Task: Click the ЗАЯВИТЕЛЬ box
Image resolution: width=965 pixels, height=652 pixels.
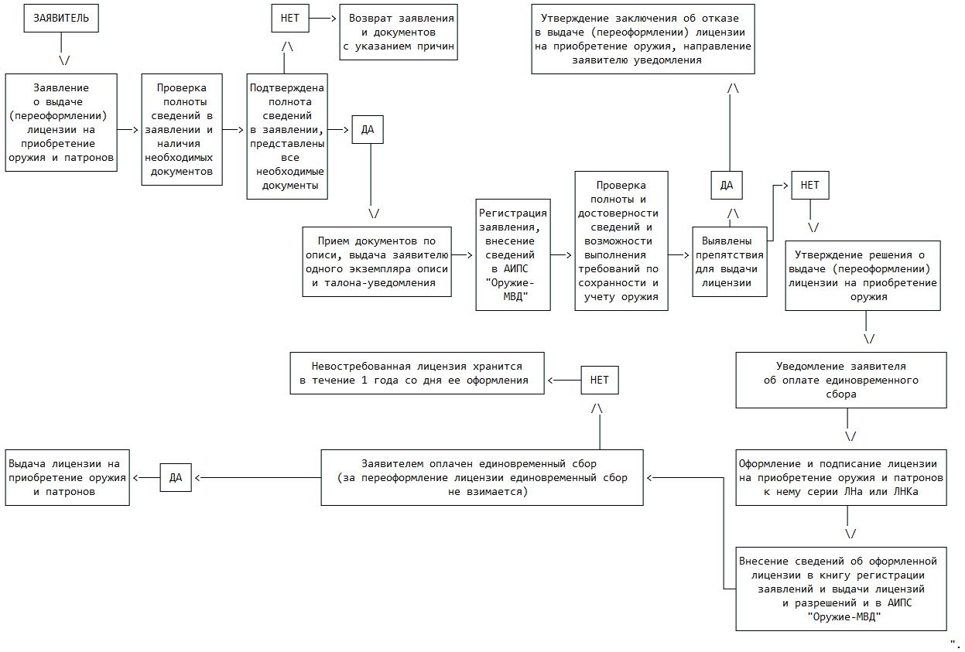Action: (61, 18)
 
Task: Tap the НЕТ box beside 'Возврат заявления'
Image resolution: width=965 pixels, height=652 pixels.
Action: (290, 18)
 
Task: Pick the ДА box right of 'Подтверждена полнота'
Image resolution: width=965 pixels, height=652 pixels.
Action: (368, 129)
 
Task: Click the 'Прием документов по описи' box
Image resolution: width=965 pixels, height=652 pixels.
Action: (376, 261)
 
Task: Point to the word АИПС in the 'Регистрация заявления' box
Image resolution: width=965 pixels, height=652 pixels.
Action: (513, 268)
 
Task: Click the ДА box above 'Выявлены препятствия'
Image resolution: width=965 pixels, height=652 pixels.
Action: (727, 185)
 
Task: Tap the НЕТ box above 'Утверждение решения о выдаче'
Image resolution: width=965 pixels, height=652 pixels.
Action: (809, 185)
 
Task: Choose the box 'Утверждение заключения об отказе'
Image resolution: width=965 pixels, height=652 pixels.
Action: (642, 39)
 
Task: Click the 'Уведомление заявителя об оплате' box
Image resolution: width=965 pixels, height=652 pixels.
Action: (840, 380)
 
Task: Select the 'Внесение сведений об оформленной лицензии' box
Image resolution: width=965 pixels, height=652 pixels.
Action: (840, 589)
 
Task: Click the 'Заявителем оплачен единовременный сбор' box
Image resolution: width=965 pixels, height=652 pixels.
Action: (481, 477)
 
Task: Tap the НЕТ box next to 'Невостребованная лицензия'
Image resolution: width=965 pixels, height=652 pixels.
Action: (600, 380)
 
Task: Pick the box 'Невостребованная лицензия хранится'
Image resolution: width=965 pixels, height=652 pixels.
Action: (417, 373)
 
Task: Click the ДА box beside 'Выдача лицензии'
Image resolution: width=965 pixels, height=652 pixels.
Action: (176, 477)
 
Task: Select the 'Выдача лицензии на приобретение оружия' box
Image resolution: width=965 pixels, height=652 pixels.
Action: (67, 477)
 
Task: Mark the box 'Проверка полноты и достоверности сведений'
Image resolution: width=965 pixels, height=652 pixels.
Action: (621, 241)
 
